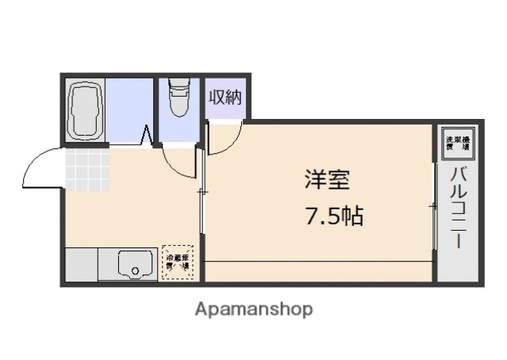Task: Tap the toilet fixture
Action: coord(179,98)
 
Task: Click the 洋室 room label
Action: coord(326,180)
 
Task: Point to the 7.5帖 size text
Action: coord(334,215)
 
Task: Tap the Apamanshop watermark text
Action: coord(254,308)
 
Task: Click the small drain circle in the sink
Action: coord(135,270)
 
